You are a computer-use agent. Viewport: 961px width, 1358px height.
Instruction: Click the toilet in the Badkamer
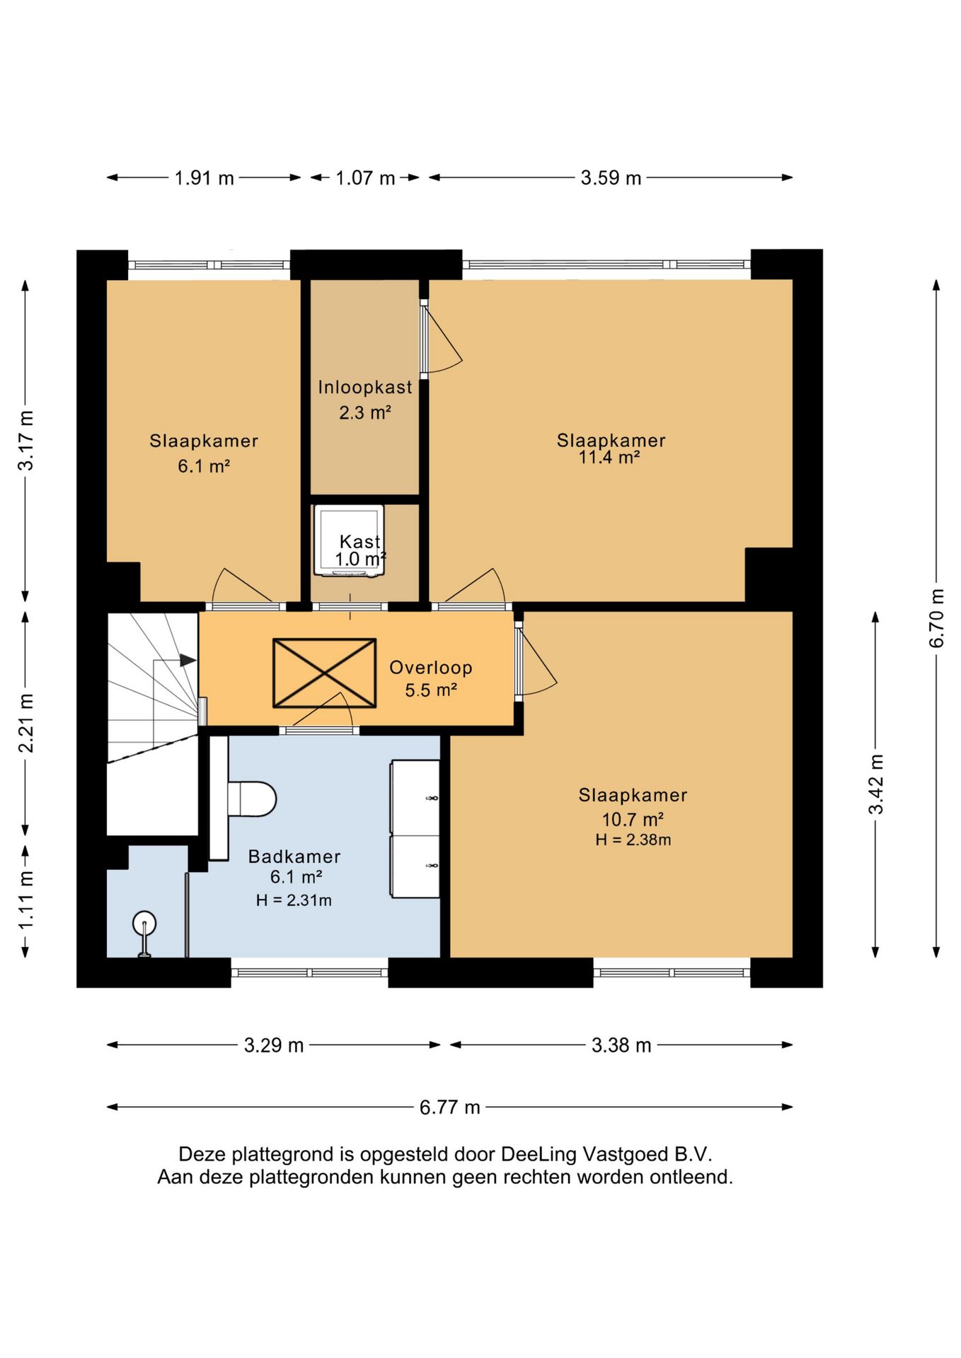pos(251,799)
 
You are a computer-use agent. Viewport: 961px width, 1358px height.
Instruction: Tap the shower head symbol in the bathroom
pos(144,932)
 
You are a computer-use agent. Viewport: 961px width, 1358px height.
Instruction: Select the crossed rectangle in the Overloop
pos(324,673)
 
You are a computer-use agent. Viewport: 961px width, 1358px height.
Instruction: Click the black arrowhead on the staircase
pos(188,660)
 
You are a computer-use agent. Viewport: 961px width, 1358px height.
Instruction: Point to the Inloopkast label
pos(365,387)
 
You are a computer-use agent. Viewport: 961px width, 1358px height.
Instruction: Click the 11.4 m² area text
pos(609,458)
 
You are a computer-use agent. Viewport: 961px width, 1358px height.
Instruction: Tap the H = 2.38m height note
pos(633,840)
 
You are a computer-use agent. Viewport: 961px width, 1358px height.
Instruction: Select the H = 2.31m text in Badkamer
pos(294,900)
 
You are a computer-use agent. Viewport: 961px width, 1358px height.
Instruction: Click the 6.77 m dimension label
pos(450,1106)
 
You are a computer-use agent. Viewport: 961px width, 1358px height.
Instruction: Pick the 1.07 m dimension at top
pos(365,178)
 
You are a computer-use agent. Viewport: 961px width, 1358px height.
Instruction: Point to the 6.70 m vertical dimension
pos(936,617)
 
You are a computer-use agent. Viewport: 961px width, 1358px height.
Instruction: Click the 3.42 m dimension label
pos(876,784)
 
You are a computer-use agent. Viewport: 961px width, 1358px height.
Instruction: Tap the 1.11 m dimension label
pos(25,901)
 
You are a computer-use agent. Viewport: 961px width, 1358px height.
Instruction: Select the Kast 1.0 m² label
pos(360,550)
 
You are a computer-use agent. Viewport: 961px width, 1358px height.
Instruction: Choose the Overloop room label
pos(431,667)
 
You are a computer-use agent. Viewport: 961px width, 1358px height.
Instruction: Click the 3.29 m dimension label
pos(274,1045)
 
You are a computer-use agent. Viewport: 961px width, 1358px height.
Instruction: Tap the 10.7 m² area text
pos(633,819)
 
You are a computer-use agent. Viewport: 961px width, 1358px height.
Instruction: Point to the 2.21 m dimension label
pos(25,723)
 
